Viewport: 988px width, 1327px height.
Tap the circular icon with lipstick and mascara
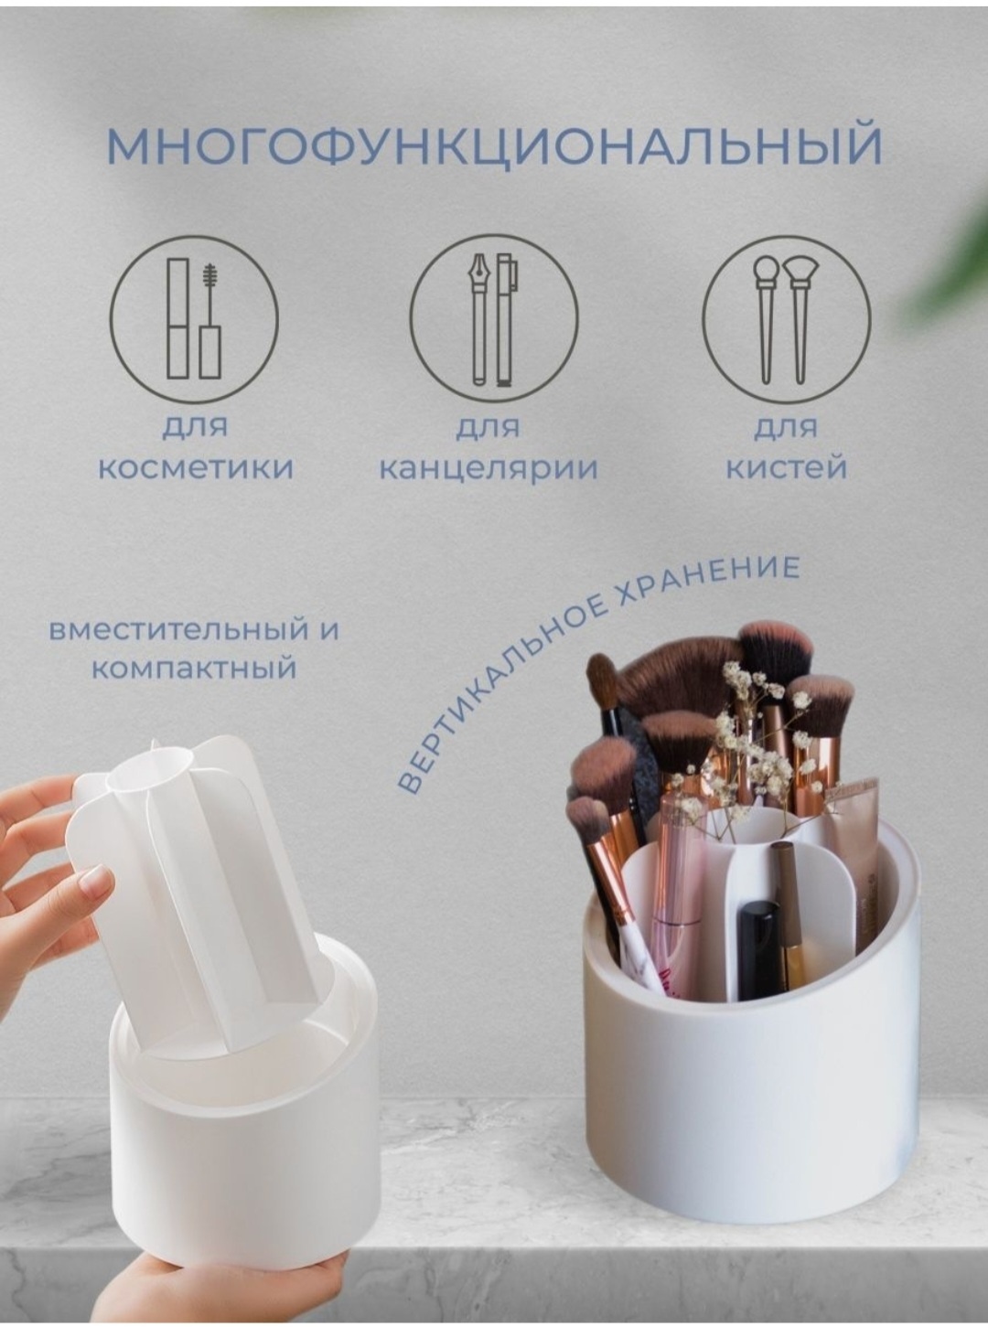[194, 319]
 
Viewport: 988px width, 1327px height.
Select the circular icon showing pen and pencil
[494, 319]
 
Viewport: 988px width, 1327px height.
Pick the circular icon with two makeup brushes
[787, 319]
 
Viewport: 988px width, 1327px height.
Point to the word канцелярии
[489, 469]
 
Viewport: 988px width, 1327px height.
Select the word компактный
[194, 669]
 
